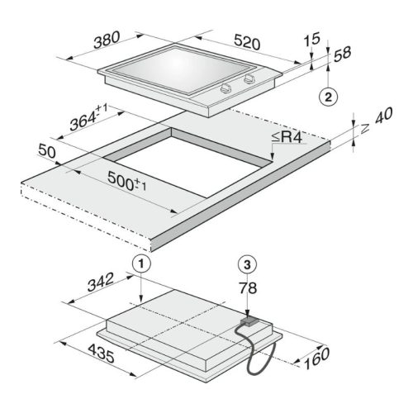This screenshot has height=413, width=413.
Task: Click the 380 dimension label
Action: [107, 40]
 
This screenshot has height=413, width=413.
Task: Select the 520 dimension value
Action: [247, 42]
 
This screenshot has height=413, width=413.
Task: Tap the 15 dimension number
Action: [312, 40]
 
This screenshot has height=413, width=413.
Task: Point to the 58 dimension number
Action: [342, 54]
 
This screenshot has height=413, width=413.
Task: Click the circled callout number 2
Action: [328, 97]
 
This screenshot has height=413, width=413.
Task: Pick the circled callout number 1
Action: [141, 264]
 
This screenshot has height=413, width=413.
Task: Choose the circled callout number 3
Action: [247, 264]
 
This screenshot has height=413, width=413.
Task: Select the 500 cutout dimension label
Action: [126, 182]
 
